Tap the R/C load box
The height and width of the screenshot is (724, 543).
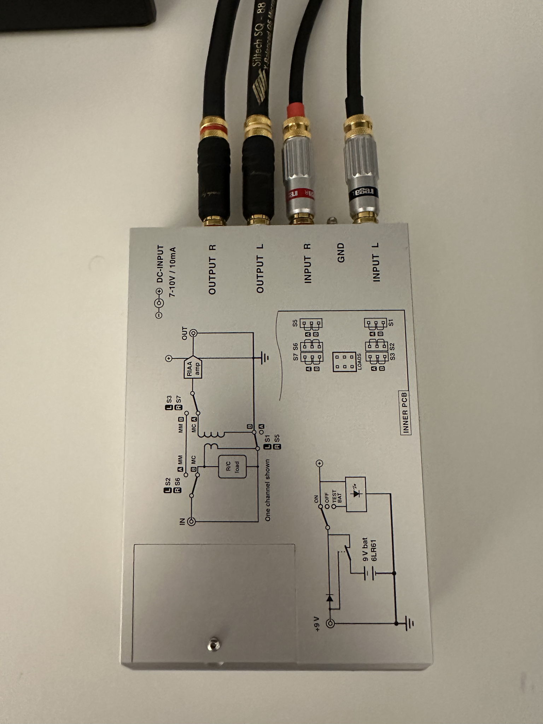[232, 467]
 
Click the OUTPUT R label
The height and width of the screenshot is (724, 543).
[212, 269]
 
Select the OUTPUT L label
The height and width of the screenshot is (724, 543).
[260, 268]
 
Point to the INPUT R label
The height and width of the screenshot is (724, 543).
[308, 263]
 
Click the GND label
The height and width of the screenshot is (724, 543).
[341, 252]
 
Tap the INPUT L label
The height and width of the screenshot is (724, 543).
[376, 262]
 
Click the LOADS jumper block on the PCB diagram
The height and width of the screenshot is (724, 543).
[344, 362]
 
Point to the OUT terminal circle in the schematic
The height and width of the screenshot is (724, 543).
[193, 333]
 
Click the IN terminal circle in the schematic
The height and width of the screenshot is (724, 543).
[191, 521]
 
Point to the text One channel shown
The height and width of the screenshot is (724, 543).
[268, 490]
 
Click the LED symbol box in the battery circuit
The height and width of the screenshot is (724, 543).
[356, 494]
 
